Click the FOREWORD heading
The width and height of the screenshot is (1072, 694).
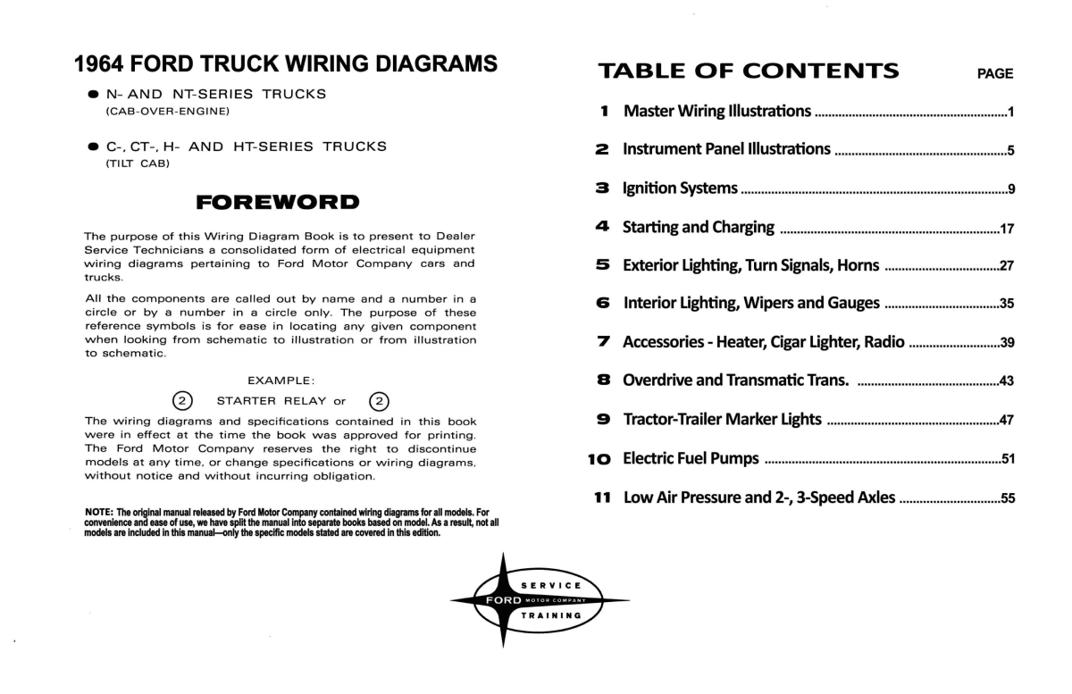pyautogui.click(x=278, y=202)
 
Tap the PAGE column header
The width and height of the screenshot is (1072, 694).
pyautogui.click(x=995, y=74)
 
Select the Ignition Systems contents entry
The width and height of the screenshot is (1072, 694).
pyautogui.click(x=680, y=188)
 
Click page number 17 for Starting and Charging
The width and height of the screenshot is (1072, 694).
pyautogui.click(x=1007, y=229)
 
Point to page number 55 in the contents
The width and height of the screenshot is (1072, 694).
pyautogui.click(x=1007, y=499)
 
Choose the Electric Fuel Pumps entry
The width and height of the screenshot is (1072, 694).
pyautogui.click(x=691, y=459)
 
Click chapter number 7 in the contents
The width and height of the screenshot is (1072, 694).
pyautogui.click(x=604, y=342)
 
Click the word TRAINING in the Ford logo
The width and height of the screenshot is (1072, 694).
pyautogui.click(x=551, y=615)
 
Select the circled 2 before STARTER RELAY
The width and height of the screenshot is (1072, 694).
pyautogui.click(x=182, y=401)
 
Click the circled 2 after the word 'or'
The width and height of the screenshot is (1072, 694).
pyautogui.click(x=380, y=401)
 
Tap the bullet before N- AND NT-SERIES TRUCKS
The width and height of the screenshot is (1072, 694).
pyautogui.click(x=93, y=94)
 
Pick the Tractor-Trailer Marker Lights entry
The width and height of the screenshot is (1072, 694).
pyautogui.click(x=722, y=420)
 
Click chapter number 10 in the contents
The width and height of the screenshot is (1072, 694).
pyautogui.click(x=599, y=459)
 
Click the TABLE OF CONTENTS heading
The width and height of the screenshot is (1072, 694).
pyautogui.click(x=749, y=71)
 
